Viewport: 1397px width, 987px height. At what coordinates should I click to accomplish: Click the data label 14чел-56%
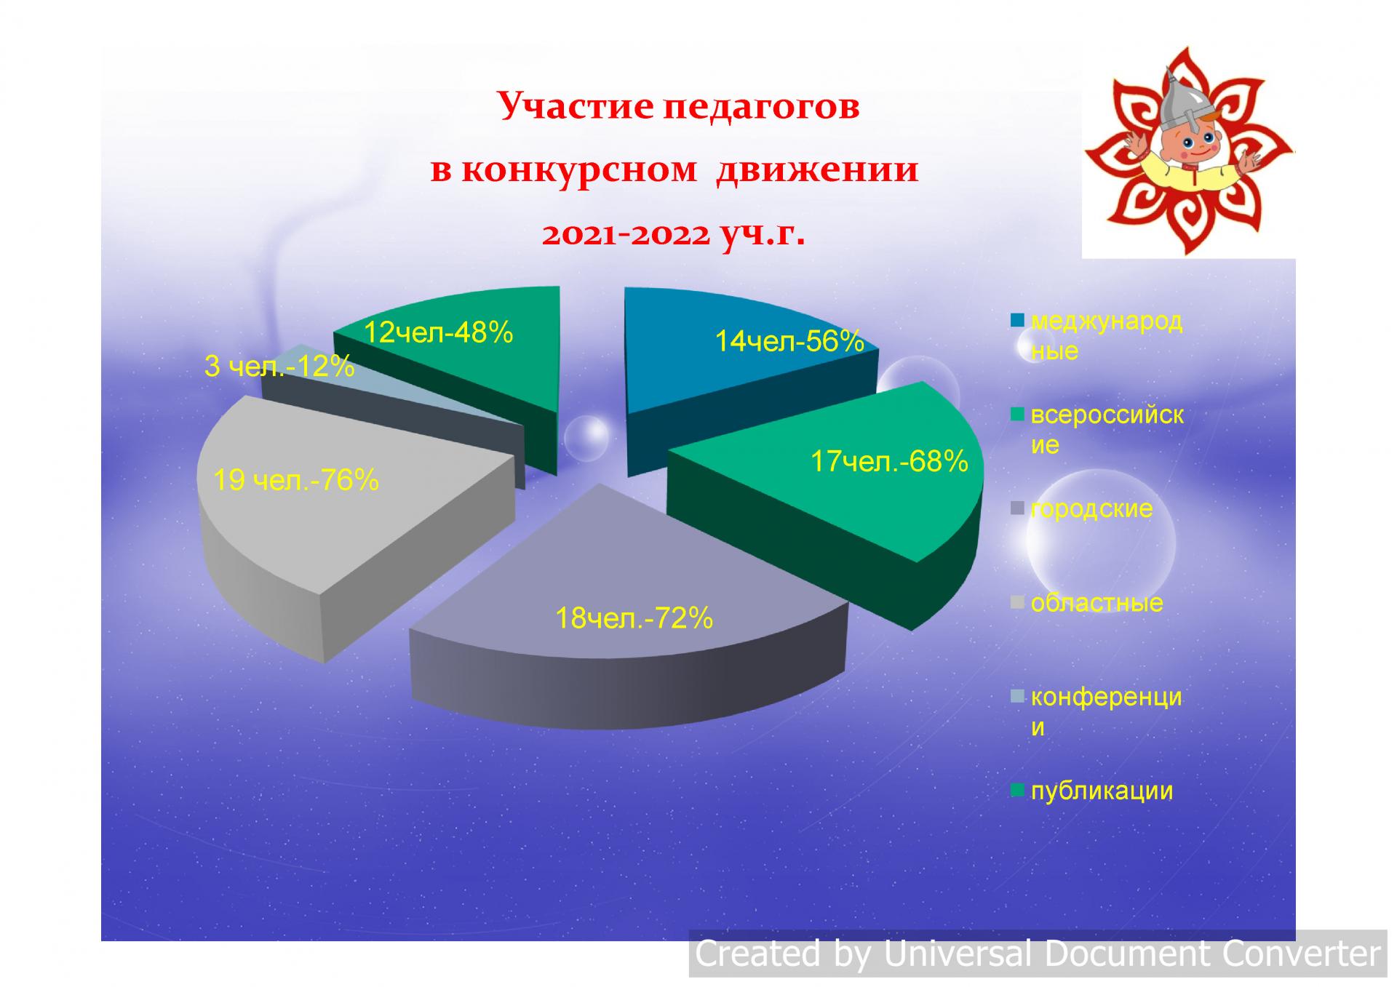[x=789, y=341]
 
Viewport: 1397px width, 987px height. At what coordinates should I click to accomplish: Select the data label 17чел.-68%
[x=889, y=461]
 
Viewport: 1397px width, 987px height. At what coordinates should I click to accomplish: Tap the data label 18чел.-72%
[x=634, y=618]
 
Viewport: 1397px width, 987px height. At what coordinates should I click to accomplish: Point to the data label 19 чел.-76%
[x=296, y=480]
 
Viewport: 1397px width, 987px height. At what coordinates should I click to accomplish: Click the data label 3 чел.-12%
[x=279, y=366]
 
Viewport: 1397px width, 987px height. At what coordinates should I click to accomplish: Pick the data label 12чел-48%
[x=438, y=332]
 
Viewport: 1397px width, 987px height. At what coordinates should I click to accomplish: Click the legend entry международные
[x=1107, y=336]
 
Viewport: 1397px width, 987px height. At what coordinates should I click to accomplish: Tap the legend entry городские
[x=1091, y=508]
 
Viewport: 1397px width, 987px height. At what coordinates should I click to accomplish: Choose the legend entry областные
[x=1096, y=602]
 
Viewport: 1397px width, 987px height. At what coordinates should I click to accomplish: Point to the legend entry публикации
[x=1102, y=791]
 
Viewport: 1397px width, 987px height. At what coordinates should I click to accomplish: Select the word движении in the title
[x=817, y=170]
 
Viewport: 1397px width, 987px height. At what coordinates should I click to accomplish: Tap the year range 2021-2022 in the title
[x=625, y=234]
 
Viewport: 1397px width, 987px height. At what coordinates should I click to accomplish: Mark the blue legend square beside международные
[x=1018, y=320]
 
